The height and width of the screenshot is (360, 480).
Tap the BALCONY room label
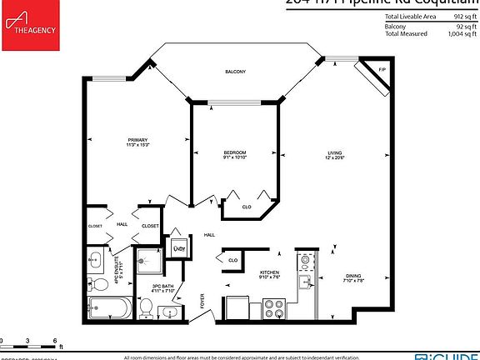[235, 72]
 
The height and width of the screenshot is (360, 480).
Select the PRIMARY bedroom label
[137, 139]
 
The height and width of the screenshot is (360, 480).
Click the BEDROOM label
[235, 154]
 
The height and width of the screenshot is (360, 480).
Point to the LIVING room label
[335, 154]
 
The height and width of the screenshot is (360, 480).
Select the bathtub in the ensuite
[108, 309]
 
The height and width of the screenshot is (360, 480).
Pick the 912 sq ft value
[463, 17]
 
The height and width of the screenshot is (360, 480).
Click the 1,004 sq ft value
[461, 33]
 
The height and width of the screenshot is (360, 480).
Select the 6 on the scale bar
[55, 341]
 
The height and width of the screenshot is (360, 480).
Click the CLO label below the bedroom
[247, 206]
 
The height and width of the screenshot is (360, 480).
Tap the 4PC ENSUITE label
[117, 270]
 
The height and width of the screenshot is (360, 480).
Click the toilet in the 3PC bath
[146, 307]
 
